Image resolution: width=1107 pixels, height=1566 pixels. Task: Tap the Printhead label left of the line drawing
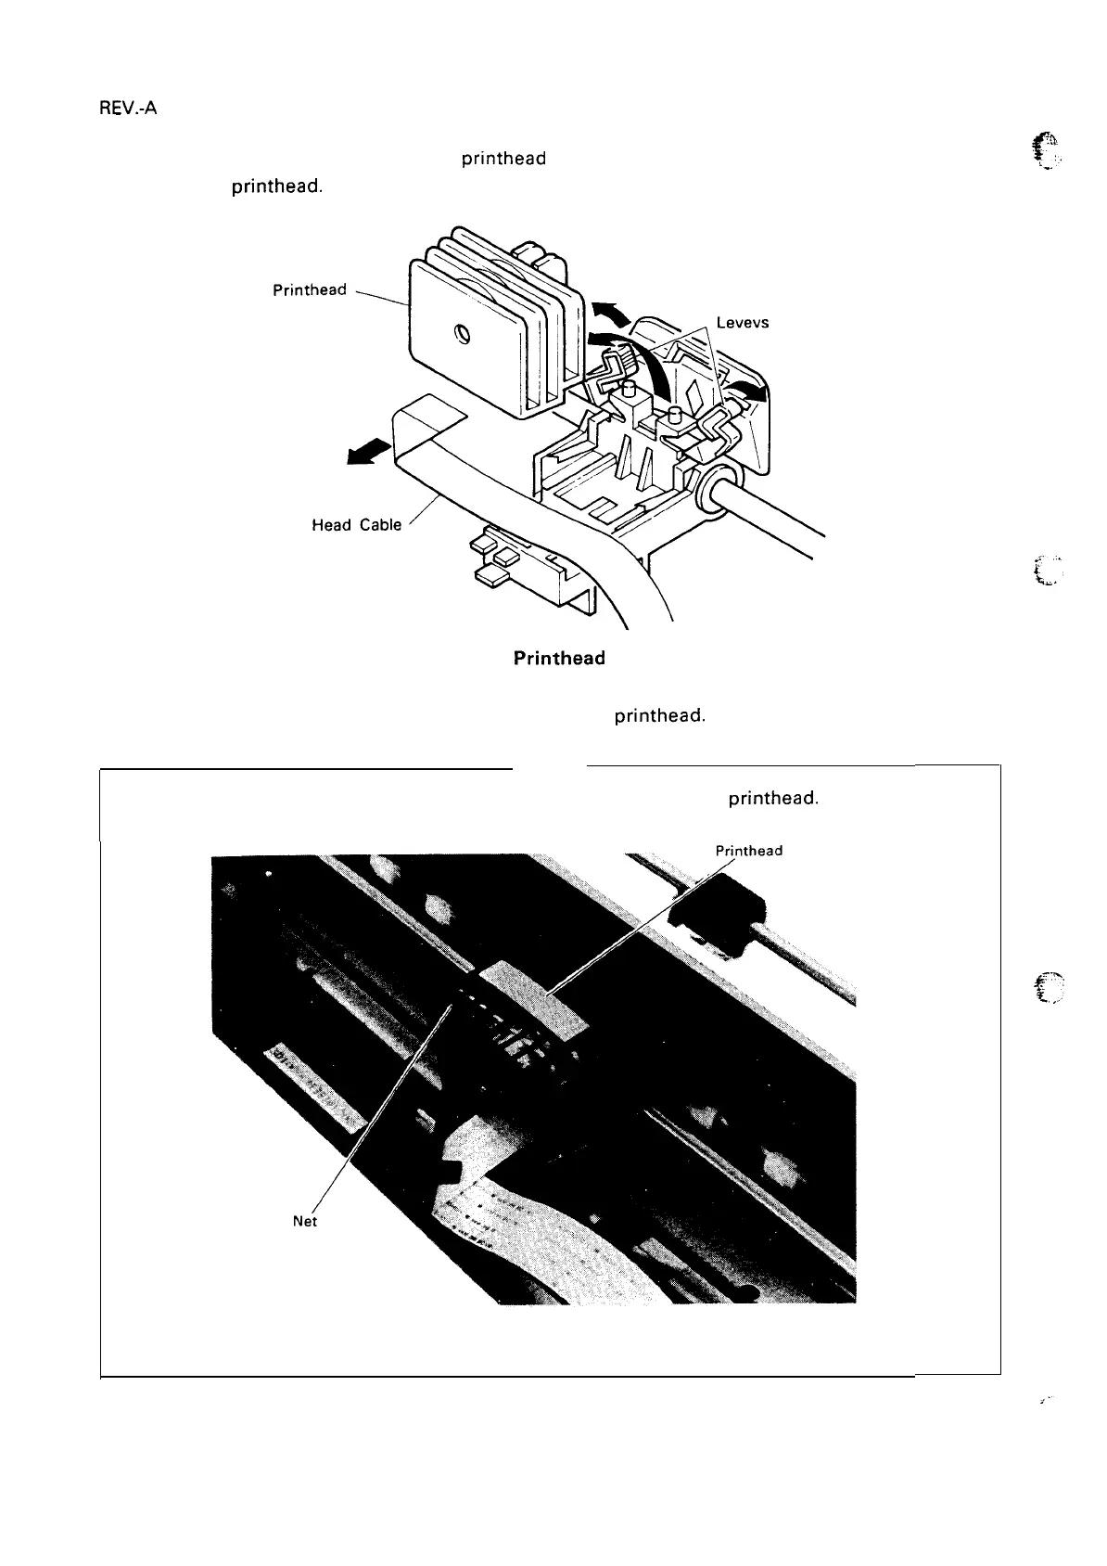pyautogui.click(x=309, y=290)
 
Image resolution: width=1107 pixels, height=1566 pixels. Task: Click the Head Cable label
pyautogui.click(x=357, y=525)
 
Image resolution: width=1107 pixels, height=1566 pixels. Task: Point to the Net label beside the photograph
pyautogui.click(x=305, y=1222)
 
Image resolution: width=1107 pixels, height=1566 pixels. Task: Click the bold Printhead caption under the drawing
pyautogui.click(x=559, y=659)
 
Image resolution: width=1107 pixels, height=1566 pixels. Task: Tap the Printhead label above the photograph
pyautogui.click(x=749, y=851)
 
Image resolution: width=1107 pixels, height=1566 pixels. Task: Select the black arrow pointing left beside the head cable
pyautogui.click(x=364, y=455)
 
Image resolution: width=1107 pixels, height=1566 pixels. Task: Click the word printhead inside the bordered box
pyautogui.click(x=773, y=798)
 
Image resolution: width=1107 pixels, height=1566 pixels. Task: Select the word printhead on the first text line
pyautogui.click(x=503, y=159)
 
